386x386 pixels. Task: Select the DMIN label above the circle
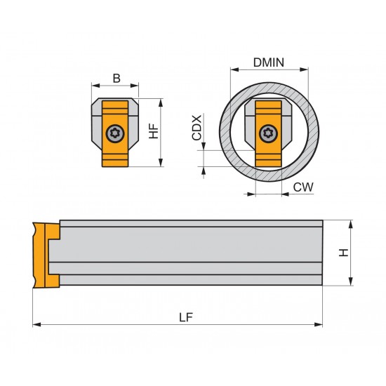[x=267, y=62]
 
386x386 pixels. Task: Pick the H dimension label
[x=343, y=253]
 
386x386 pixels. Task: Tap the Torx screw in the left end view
[x=115, y=133]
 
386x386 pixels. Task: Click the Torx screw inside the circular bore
[x=267, y=133]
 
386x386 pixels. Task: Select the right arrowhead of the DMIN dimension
[x=305, y=69]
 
